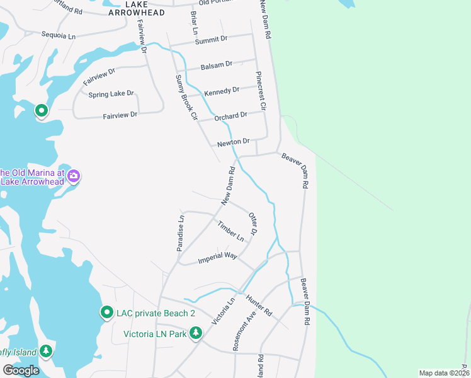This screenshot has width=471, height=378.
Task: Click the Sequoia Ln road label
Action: pyautogui.click(x=59, y=35)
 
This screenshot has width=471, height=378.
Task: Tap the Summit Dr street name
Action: pyautogui.click(x=211, y=40)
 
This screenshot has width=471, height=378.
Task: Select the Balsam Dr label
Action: pyautogui.click(x=216, y=65)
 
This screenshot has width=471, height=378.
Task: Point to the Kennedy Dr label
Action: pyautogui.click(x=222, y=91)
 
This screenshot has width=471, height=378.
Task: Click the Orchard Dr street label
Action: pyautogui.click(x=230, y=117)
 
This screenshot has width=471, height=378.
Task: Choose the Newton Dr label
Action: pyautogui.click(x=234, y=142)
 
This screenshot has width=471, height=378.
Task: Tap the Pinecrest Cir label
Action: pyautogui.click(x=261, y=91)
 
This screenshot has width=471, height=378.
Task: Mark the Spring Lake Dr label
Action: pyautogui.click(x=111, y=94)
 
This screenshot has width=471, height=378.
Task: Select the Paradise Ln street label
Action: pyautogui.click(x=180, y=234)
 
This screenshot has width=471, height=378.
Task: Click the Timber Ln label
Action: pyautogui.click(x=231, y=231)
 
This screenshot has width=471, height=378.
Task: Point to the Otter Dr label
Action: pyautogui.click(x=253, y=224)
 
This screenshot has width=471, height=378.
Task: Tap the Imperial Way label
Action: pyautogui.click(x=217, y=257)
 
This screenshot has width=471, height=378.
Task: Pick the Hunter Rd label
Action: pyautogui.click(x=259, y=306)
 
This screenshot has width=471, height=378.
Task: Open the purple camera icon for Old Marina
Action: pyautogui.click(x=74, y=176)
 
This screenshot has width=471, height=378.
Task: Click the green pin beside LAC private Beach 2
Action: pyautogui.click(x=106, y=312)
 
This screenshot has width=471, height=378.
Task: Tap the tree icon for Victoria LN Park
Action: pyautogui.click(x=196, y=333)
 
